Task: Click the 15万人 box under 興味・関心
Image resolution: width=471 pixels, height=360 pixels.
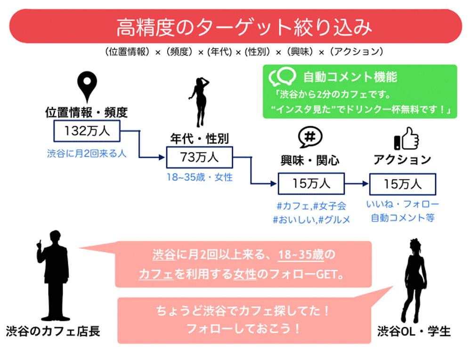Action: coord(311,184)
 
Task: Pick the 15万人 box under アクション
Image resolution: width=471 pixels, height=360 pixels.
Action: coord(402,184)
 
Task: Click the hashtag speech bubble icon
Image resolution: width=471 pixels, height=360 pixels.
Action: coord(310,137)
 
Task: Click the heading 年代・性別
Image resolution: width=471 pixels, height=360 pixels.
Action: coord(199,139)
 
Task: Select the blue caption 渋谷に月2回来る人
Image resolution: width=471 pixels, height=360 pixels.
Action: coord(87,153)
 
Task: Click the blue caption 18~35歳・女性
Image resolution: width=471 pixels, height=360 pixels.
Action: coord(200,178)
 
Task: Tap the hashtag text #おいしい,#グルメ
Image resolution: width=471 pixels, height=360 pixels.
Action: coord(311,220)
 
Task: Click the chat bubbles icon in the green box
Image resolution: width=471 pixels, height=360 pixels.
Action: coord(282,77)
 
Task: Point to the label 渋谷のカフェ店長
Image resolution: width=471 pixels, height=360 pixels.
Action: coord(53,331)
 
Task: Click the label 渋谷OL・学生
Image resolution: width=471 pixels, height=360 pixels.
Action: coord(414,332)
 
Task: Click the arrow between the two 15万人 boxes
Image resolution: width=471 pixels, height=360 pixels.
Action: coord(357,184)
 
